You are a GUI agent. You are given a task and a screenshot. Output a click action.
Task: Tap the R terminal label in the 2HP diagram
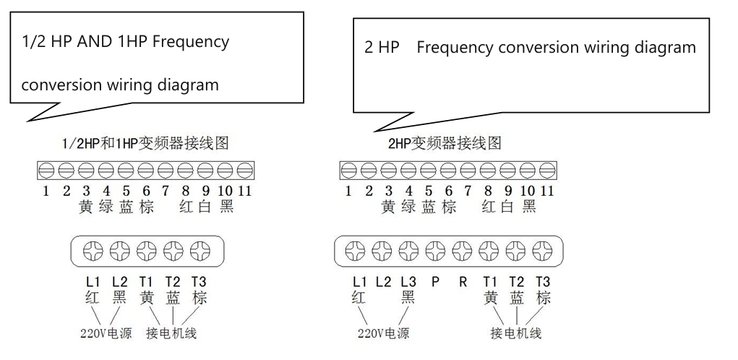click(x=463, y=282)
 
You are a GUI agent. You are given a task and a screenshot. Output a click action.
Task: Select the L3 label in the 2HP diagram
click(x=408, y=282)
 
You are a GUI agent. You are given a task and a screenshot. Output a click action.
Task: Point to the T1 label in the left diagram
click(x=146, y=282)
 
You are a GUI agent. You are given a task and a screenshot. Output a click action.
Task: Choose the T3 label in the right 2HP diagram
click(x=543, y=282)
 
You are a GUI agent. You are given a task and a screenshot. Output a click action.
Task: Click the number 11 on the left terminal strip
click(x=245, y=192)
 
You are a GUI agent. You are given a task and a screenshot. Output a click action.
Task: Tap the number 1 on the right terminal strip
click(x=348, y=192)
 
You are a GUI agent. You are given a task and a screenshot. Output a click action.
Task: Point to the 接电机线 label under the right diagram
click(x=516, y=334)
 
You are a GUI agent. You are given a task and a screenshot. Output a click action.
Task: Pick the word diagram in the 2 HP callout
click(x=660, y=48)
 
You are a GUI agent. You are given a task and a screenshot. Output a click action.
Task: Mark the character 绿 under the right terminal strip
click(x=408, y=207)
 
